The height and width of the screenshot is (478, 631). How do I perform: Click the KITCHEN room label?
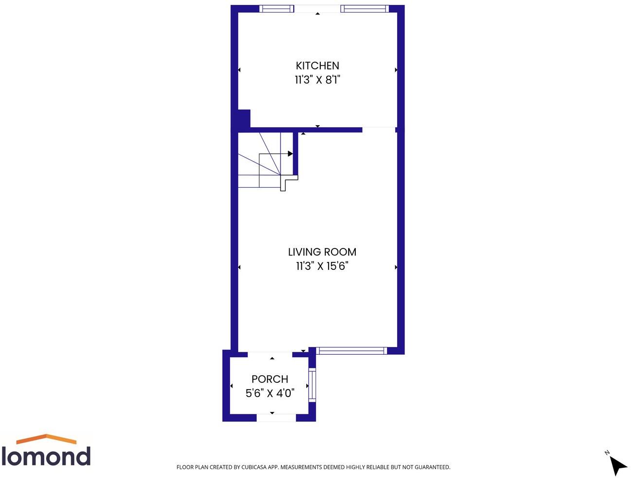[x=317, y=66]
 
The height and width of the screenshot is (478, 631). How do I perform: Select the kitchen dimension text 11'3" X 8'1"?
[x=317, y=80]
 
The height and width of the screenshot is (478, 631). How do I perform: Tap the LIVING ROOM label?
[x=322, y=252]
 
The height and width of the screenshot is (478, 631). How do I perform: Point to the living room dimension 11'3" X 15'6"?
[x=322, y=266]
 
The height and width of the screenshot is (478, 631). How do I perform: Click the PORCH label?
[x=270, y=379]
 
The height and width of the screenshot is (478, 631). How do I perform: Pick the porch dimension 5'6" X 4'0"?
[x=270, y=393]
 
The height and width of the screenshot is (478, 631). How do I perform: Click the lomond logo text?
[x=46, y=457]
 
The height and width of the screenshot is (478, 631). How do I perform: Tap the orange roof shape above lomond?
[x=46, y=439]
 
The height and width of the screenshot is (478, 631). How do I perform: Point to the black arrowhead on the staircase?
[x=290, y=154]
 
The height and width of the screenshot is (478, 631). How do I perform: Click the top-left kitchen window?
[x=276, y=8]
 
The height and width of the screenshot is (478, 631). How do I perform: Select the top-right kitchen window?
[x=364, y=8]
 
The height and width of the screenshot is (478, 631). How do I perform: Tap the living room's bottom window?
[x=351, y=350]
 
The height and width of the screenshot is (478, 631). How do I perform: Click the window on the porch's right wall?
[x=312, y=385]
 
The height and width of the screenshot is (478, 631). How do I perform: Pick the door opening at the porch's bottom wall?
[x=276, y=417]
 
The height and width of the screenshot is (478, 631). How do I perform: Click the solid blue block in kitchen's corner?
[x=244, y=118]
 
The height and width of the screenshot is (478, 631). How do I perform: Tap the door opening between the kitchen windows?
[x=317, y=8]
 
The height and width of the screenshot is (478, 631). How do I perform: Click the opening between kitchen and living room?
[x=379, y=130]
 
